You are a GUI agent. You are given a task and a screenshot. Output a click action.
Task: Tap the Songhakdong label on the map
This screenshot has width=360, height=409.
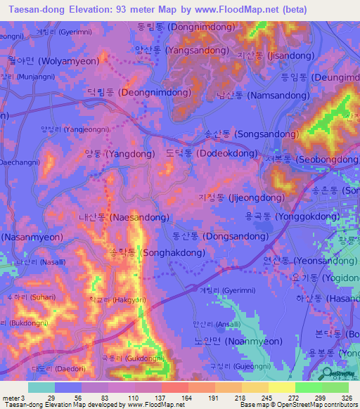pos(154,252)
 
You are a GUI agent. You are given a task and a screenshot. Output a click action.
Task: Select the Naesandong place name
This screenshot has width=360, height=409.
pos(124,218)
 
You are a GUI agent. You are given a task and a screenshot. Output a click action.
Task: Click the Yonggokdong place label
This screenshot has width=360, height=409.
pos(292,217)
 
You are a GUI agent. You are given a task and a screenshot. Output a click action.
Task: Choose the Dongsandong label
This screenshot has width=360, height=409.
pos(219,237)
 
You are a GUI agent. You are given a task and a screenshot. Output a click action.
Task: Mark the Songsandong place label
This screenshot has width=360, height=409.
pos(240,133)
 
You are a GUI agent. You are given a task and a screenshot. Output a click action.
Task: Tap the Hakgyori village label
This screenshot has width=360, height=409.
pos(113,299)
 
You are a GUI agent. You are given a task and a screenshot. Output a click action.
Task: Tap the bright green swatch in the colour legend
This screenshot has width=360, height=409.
pos(307,387)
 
